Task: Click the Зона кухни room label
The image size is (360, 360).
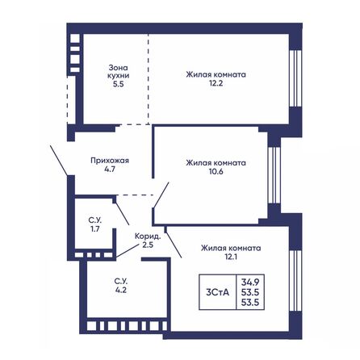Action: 119,71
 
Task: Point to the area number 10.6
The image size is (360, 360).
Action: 216,170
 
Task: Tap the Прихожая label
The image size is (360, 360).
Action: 110,161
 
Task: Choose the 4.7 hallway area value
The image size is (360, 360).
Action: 110,170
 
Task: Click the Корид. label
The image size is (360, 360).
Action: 148,237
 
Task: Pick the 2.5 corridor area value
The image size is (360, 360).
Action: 148,245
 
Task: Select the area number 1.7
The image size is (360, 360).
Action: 94,229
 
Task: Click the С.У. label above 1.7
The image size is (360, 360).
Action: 94,220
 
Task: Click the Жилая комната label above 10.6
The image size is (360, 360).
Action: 216,161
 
